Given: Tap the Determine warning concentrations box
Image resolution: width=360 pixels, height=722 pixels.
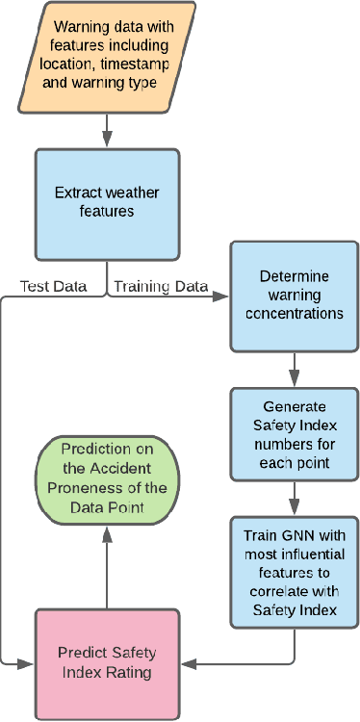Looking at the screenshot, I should click(294, 296).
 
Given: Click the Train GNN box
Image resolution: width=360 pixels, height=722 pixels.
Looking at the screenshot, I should click(294, 571).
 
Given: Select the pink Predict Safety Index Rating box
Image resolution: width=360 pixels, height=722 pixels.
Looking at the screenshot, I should click(106, 663).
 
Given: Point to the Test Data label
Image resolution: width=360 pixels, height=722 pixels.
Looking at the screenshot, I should click(53, 287).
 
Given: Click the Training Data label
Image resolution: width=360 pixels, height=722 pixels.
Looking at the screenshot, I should click(159, 287).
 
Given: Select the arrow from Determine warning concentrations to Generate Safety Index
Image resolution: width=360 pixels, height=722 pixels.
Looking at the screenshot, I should click(294, 368).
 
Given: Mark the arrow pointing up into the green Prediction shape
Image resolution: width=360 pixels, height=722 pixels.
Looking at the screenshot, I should click(106, 568).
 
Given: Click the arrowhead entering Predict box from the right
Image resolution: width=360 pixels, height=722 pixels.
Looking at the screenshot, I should click(188, 663).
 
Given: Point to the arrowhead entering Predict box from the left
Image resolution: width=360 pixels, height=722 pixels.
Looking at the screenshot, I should click(27, 663).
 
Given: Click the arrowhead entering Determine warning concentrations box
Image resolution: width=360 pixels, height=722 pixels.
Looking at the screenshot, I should click(222, 296).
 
